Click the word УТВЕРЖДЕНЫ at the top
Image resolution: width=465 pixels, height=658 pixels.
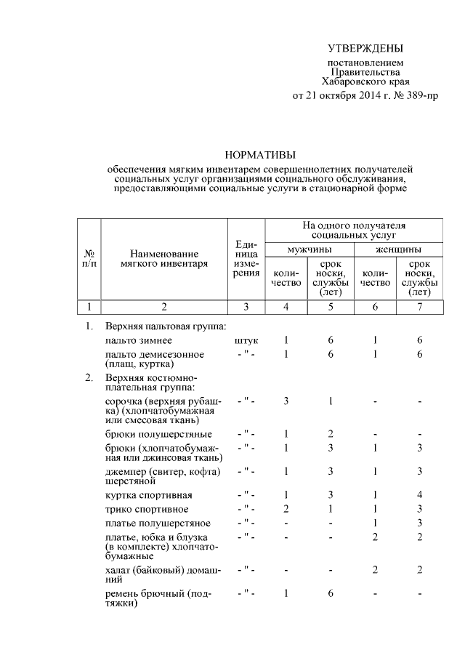click(x=364, y=49)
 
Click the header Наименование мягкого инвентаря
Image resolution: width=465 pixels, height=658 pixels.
click(x=164, y=258)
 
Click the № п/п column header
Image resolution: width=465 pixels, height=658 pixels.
click(x=89, y=258)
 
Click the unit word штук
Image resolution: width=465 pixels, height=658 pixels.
click(x=246, y=340)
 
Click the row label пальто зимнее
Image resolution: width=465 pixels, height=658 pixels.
click(x=139, y=340)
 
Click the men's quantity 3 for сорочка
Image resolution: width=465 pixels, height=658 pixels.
click(x=286, y=401)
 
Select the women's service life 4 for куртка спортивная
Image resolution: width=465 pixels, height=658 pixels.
click(x=419, y=495)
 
